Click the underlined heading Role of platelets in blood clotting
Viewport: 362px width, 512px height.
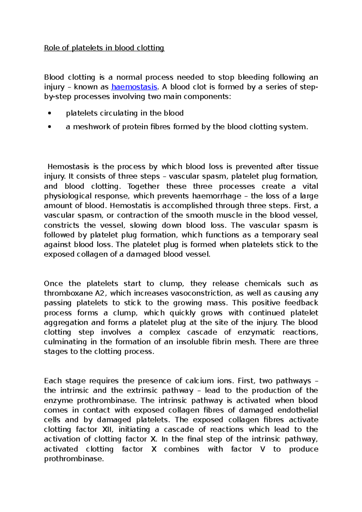pyautogui.click(x=104, y=48)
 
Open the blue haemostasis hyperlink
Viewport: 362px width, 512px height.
pyautogui.click(x=134, y=87)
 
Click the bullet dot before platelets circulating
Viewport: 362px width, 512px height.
pyautogui.click(x=49, y=113)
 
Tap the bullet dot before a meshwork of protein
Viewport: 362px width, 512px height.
pyautogui.click(x=49, y=127)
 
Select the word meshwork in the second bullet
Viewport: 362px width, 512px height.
pyautogui.click(x=91, y=127)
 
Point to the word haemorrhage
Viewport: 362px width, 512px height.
pyautogui.click(x=217, y=196)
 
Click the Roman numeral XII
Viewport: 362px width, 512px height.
pyautogui.click(x=108, y=429)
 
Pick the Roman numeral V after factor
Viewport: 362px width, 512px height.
pyautogui.click(x=262, y=449)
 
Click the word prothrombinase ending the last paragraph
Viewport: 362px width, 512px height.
pyautogui.click(x=74, y=459)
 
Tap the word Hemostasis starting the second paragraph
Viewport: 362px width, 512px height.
pyautogui.click(x=68, y=167)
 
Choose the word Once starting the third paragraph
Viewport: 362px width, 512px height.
pyautogui.click(x=53, y=284)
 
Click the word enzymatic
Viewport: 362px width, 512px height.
pyautogui.click(x=256, y=332)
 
